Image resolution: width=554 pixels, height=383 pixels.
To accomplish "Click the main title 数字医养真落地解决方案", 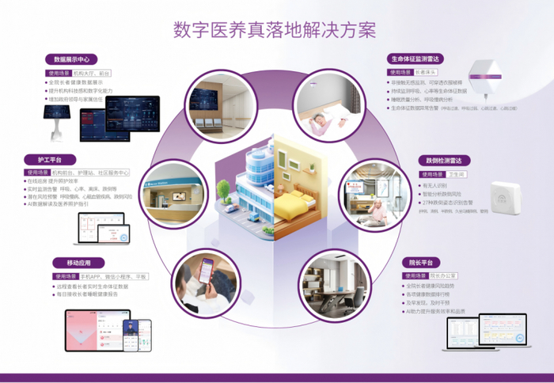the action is pos(275,30).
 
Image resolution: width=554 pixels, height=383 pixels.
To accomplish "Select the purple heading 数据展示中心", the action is pos(71,59).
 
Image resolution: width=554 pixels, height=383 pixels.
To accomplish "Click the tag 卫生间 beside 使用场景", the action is pos(457,174).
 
